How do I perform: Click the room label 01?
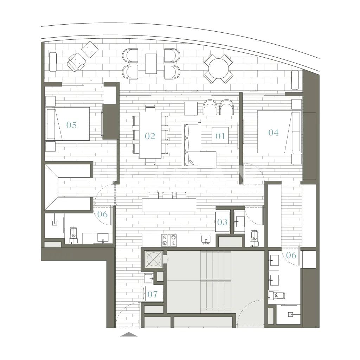click(x=220, y=136)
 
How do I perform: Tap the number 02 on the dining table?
click(x=150, y=136)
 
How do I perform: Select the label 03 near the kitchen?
click(x=222, y=222)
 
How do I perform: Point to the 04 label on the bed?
click(x=274, y=132)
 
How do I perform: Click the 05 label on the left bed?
click(x=71, y=125)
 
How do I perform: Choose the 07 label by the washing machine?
click(x=153, y=294)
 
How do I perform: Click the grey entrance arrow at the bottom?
click(x=129, y=334)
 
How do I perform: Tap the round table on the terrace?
click(x=219, y=69)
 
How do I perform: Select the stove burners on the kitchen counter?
click(x=169, y=240)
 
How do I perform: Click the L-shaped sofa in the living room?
click(x=199, y=145)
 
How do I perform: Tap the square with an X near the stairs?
click(x=153, y=259)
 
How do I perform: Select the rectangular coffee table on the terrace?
click(x=151, y=64)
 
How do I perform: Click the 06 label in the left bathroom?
click(x=102, y=214)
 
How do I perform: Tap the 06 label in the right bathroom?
click(x=291, y=255)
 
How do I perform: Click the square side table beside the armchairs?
click(x=191, y=109)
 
